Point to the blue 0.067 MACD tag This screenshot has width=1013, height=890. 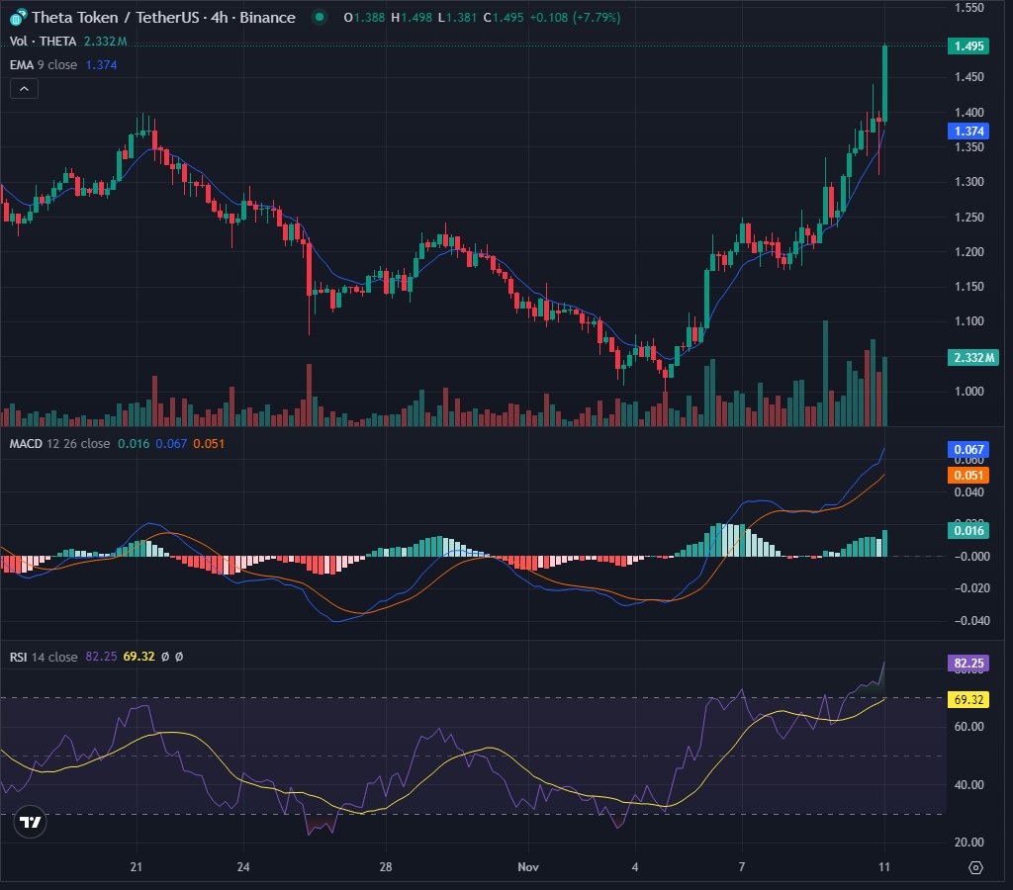pyautogui.click(x=967, y=450)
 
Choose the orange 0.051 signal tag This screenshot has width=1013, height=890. pyautogui.click(x=967, y=475)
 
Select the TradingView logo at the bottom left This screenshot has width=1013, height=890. pyautogui.click(x=31, y=822)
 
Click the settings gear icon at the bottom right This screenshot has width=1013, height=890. pyautogui.click(x=975, y=867)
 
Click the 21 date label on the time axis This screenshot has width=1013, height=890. pyautogui.click(x=137, y=867)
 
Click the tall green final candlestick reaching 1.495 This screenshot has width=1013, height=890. pyautogui.click(x=884, y=84)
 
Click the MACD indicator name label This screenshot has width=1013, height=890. pyautogui.click(x=26, y=443)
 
